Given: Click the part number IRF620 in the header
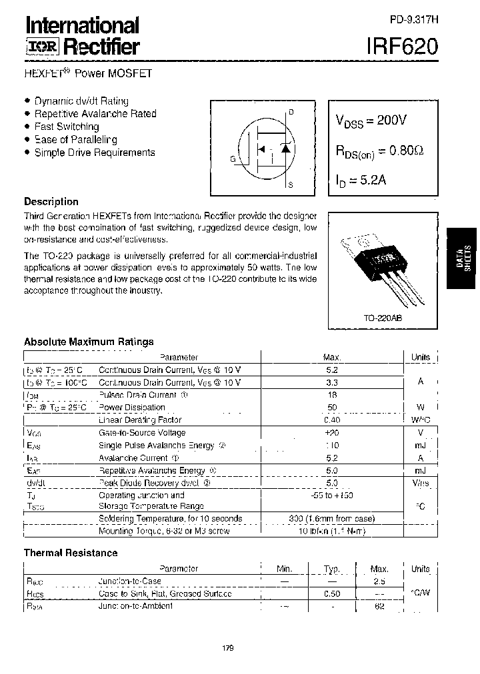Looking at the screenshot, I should [x=403, y=46].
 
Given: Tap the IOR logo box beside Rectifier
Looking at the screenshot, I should [x=42, y=47].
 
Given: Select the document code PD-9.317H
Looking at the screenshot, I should [x=414, y=20].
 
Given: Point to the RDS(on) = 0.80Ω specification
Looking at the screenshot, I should [x=379, y=152].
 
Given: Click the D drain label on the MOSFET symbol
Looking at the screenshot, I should [x=291, y=112].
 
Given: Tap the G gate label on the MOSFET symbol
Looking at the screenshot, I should [x=233, y=159].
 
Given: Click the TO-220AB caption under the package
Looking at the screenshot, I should [x=383, y=318].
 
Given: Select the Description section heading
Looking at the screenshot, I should [x=51, y=202].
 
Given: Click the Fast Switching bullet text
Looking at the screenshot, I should [x=67, y=127].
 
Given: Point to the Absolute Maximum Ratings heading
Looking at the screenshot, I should [x=89, y=342].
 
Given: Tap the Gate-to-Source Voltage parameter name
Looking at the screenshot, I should [x=142, y=432].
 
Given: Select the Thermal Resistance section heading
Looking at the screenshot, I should [x=71, y=553].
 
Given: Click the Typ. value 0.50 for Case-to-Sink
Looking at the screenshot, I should [x=331, y=593].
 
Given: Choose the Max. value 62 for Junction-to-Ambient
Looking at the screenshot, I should [x=379, y=606].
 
